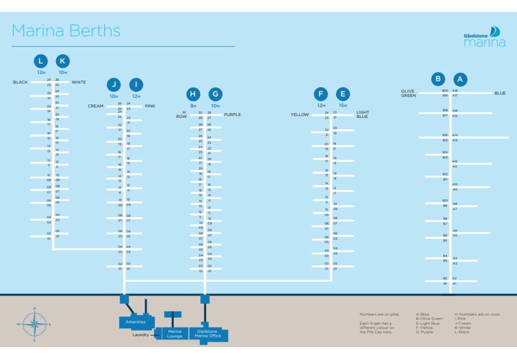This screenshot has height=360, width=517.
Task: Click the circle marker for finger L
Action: (41, 61)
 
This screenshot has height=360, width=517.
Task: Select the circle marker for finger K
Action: (63, 61)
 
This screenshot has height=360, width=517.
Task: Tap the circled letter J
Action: (114, 85)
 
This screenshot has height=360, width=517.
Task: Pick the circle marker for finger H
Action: (193, 94)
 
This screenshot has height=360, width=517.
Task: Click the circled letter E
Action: (342, 94)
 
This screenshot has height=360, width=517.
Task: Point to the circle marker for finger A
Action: (460, 79)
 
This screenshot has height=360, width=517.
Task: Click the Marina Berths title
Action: (66, 31)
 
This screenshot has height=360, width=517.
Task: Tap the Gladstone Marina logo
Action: (484, 37)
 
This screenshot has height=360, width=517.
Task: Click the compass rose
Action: (34, 324)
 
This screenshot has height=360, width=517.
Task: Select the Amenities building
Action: (135, 321)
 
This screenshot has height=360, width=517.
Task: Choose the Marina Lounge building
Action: (175, 334)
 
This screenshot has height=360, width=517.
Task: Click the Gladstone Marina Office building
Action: (208, 334)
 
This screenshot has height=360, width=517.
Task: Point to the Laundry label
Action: (140, 335)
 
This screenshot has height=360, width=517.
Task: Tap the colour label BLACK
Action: (21, 82)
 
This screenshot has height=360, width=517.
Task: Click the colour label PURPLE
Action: (232, 114)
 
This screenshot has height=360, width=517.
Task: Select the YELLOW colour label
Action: (299, 115)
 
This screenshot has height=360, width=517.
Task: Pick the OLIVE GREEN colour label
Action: (408, 93)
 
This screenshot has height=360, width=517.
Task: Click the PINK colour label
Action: (150, 106)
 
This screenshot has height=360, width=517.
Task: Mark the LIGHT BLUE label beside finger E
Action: (363, 114)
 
